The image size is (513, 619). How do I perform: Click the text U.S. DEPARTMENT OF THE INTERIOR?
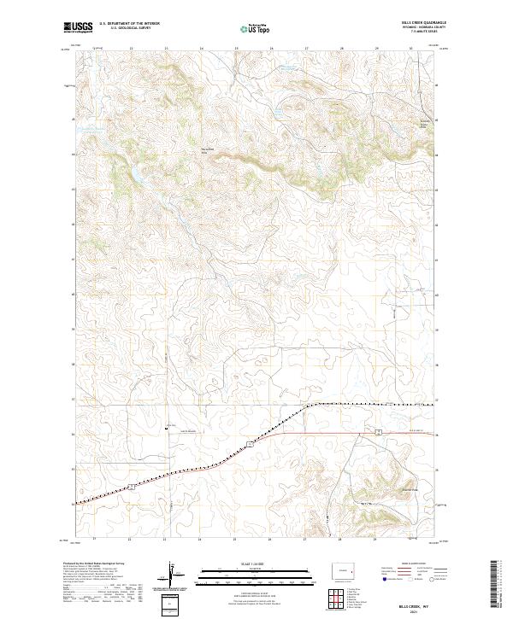(129, 24)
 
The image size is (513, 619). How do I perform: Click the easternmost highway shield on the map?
(377, 434)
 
